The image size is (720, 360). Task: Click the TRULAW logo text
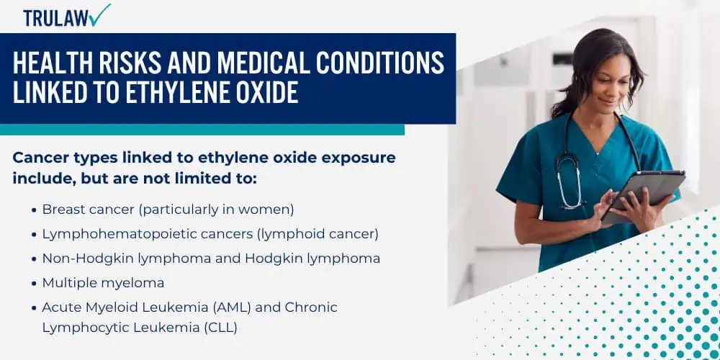pos(56,18)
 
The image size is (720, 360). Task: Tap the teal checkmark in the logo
pos(100,14)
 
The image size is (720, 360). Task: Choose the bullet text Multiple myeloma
pos(103,283)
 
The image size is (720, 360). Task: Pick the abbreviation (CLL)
pos(220,328)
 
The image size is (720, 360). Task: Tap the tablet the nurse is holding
pos(643,195)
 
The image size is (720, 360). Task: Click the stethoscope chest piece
pos(570,202)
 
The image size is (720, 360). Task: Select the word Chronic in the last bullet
pos(311,307)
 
